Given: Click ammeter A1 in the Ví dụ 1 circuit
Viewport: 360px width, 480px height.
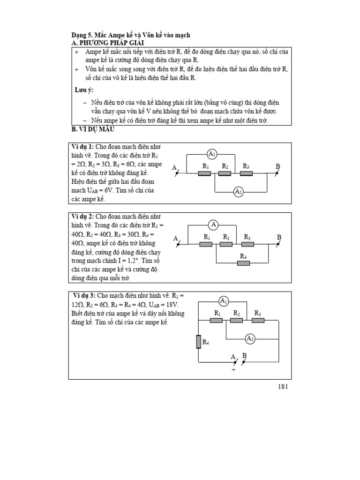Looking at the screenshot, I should pyautogui.click(x=212, y=154).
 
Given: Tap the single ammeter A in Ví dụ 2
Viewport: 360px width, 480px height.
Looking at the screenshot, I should pyautogui.click(x=214, y=225).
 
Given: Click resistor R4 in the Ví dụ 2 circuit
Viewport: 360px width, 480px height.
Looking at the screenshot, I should pyautogui.click(x=243, y=263).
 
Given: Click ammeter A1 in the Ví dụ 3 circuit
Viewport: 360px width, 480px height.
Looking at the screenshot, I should pyautogui.click(x=224, y=301).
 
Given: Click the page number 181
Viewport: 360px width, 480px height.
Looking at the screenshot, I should pyautogui.click(x=283, y=387).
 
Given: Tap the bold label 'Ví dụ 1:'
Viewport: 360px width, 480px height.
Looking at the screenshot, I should pyautogui.click(x=83, y=147).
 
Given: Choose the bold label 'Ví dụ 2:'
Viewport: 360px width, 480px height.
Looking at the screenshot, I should pyautogui.click(x=83, y=217).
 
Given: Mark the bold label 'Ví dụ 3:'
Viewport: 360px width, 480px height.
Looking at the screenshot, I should pyautogui.click(x=84, y=296).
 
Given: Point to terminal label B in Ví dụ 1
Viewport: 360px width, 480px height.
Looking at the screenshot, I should pyautogui.click(x=277, y=167).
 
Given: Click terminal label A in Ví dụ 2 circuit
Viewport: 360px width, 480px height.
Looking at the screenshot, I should pyautogui.click(x=176, y=239).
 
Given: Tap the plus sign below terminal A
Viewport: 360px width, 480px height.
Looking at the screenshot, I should pyautogui.click(x=233, y=370).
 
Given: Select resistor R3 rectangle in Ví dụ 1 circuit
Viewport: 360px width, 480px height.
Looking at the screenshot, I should pyautogui.click(x=247, y=173).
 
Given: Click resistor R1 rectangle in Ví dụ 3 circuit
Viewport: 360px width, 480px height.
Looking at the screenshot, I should pyautogui.click(x=216, y=320).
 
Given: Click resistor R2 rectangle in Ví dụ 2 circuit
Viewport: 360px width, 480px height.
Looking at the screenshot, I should pyautogui.click(x=226, y=244).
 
